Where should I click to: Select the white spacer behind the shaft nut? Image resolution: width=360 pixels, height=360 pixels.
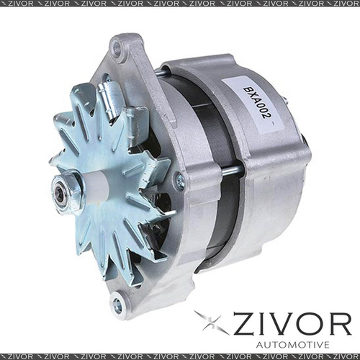pyautogui.click(x=92, y=186)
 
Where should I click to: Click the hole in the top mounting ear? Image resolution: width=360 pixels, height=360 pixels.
pyautogui.click(x=116, y=48)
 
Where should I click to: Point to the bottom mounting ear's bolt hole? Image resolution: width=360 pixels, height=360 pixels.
pyautogui.click(x=117, y=306)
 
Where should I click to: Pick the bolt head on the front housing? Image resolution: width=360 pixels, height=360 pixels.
pyautogui.click(x=180, y=181)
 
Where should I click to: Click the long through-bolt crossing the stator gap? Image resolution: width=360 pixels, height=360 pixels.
pyautogui.click(x=230, y=171)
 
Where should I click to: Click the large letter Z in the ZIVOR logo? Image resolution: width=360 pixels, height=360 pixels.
pyautogui.click(x=244, y=323)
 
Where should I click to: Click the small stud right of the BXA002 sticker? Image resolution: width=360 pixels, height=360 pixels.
pyautogui.click(x=285, y=101)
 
